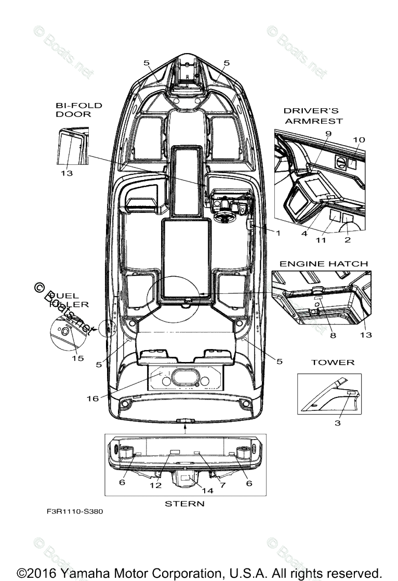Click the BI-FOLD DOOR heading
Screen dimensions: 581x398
tap(79, 110)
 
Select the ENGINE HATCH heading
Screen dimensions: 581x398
tap(323, 264)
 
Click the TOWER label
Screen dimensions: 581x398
tap(333, 362)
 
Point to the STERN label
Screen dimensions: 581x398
tap(184, 503)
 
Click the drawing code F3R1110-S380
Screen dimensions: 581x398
tap(75, 511)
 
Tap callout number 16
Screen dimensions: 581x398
tap(92, 398)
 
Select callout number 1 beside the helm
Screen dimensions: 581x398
tap(277, 233)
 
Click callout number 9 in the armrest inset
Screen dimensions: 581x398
tap(328, 134)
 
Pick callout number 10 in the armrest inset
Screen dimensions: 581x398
tap(359, 140)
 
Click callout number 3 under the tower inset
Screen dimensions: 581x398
tap(337, 423)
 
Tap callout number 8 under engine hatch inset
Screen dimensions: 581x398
tap(333, 335)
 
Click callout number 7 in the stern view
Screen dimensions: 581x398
tap(222, 484)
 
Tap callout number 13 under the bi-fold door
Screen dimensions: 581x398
tap(66, 173)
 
